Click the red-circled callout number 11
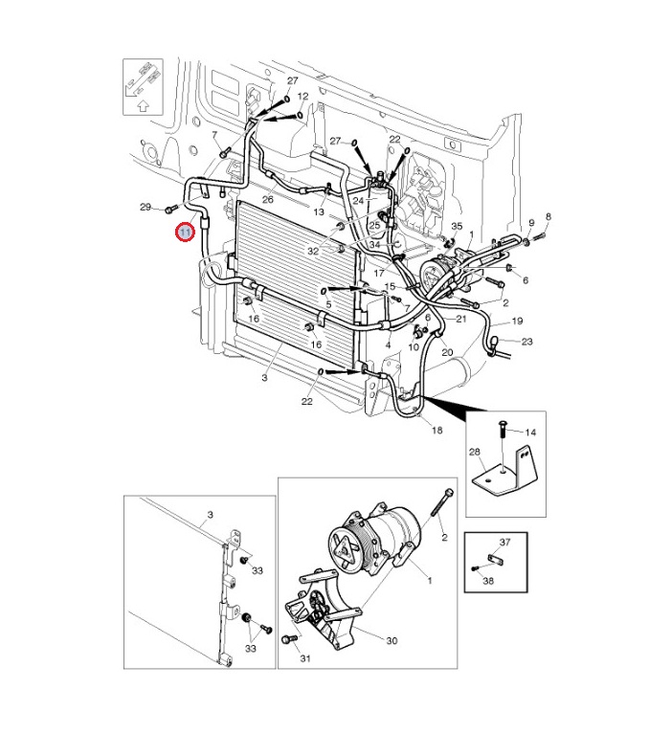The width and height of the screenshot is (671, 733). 184,232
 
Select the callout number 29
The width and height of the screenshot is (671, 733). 145,208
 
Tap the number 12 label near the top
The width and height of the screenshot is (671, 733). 302,97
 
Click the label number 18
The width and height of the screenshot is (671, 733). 437,432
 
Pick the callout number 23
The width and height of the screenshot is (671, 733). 526,342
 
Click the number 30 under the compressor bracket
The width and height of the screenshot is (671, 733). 391,641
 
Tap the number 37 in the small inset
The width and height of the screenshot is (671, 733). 505,543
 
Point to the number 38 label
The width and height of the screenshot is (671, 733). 488,580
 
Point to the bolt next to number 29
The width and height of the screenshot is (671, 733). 170,208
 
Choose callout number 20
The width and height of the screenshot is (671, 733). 447,352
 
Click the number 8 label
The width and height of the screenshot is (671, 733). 548,217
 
